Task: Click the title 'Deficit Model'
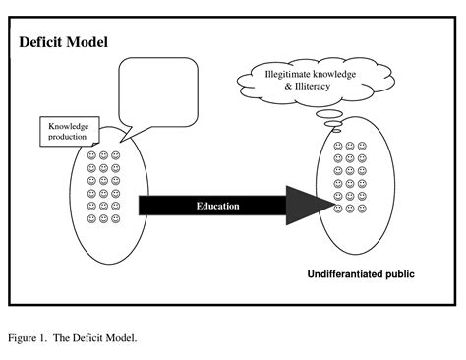tap(64, 43)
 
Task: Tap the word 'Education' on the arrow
tap(217, 206)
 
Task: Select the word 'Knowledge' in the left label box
tap(72, 126)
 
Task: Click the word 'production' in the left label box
tap(71, 137)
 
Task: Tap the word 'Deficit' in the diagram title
tap(43, 43)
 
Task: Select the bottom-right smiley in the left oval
tap(116, 219)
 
